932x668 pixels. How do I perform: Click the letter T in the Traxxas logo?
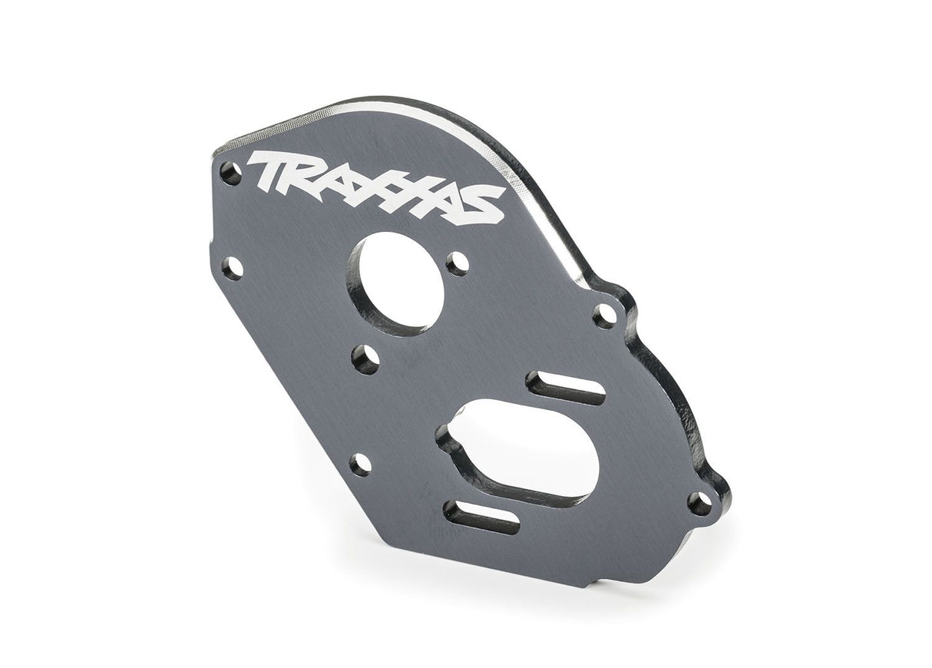pyautogui.click(x=267, y=170)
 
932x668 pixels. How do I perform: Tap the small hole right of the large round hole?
pyautogui.click(x=458, y=263)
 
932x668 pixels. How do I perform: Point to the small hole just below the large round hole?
pyautogui.click(x=365, y=359)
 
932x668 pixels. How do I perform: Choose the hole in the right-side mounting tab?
pyautogui.click(x=606, y=316)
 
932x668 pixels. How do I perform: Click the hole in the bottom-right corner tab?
pyautogui.click(x=698, y=504)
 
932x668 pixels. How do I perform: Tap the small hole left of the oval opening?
pyautogui.click(x=360, y=463)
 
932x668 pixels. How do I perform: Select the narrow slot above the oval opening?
pyautogui.click(x=566, y=389)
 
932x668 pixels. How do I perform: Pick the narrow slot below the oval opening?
pyautogui.click(x=481, y=516)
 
